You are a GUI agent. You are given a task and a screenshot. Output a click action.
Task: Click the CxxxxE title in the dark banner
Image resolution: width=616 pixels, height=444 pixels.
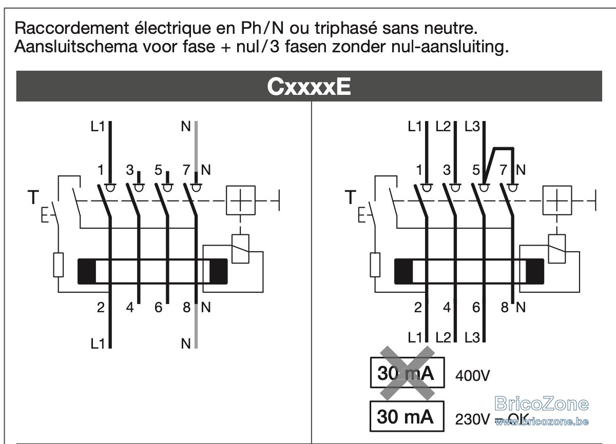coord(309,87)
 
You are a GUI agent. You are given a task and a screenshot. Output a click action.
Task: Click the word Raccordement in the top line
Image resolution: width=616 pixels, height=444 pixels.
coord(72,28)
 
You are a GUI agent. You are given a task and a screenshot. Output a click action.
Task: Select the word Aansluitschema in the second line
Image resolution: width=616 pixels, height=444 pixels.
coord(75,47)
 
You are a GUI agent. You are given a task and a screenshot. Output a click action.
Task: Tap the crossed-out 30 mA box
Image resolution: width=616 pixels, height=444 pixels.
coord(407,373)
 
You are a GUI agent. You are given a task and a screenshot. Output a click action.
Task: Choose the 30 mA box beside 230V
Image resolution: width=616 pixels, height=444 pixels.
coord(407,416)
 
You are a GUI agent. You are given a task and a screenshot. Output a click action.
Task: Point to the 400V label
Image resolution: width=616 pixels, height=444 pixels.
coord(472,375)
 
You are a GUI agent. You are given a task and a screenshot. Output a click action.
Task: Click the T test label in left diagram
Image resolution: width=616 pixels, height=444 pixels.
coord(33,197)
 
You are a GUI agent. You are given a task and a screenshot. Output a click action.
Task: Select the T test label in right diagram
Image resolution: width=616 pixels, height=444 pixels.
coord(350,197)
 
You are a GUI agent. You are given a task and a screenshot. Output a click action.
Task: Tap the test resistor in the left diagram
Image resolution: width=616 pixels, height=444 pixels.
coord(58,265)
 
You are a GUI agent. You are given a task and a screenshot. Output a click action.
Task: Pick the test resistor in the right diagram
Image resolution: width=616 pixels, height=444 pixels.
coord(375,265)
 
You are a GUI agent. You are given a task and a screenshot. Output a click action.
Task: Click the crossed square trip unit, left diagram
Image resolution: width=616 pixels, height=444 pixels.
coord(241,200)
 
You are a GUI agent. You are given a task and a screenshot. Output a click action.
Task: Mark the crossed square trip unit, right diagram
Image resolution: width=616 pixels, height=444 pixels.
coord(557,200)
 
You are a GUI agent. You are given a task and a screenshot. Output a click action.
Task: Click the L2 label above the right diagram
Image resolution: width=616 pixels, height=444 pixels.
coord(443,127)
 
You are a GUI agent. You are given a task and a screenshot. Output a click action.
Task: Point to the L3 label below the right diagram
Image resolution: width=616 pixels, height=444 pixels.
coord(472,337)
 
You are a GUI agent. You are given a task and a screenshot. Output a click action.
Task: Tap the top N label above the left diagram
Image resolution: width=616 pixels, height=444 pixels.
coord(186,127)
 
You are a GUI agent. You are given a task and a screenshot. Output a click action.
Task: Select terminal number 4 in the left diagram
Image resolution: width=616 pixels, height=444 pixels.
coord(130,307)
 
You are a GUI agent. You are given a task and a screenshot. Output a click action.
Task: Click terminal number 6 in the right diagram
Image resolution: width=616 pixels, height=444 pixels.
coord(476,307)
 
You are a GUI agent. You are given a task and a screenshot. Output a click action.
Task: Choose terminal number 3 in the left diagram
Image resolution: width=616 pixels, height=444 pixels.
coord(130,170)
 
